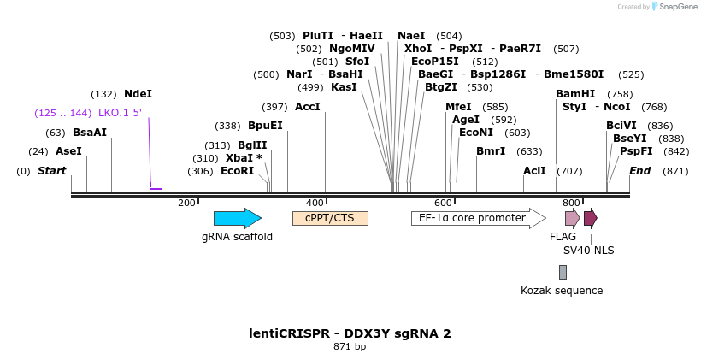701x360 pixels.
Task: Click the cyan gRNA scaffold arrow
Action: pos(237,218)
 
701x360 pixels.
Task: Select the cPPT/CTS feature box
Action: pos(330,218)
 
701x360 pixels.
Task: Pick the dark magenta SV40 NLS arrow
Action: pos(590,218)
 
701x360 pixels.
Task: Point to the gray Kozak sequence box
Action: pos(563,272)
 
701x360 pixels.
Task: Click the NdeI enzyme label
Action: pos(138,94)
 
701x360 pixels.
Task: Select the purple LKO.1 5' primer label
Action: pos(120,113)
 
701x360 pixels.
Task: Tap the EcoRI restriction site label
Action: pos(238,171)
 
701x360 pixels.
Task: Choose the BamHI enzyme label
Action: pos(575,94)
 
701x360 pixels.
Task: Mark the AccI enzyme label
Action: pos(307,107)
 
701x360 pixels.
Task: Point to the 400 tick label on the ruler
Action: pos(315,203)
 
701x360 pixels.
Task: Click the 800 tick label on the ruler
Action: pos(571,203)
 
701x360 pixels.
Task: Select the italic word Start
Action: pos(51,171)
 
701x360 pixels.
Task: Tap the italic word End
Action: pos(639,171)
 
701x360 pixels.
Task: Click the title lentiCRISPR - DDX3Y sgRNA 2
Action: pos(350,333)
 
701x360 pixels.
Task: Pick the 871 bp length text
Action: pos(350,347)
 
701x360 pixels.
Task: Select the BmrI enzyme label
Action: pos(491,151)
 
